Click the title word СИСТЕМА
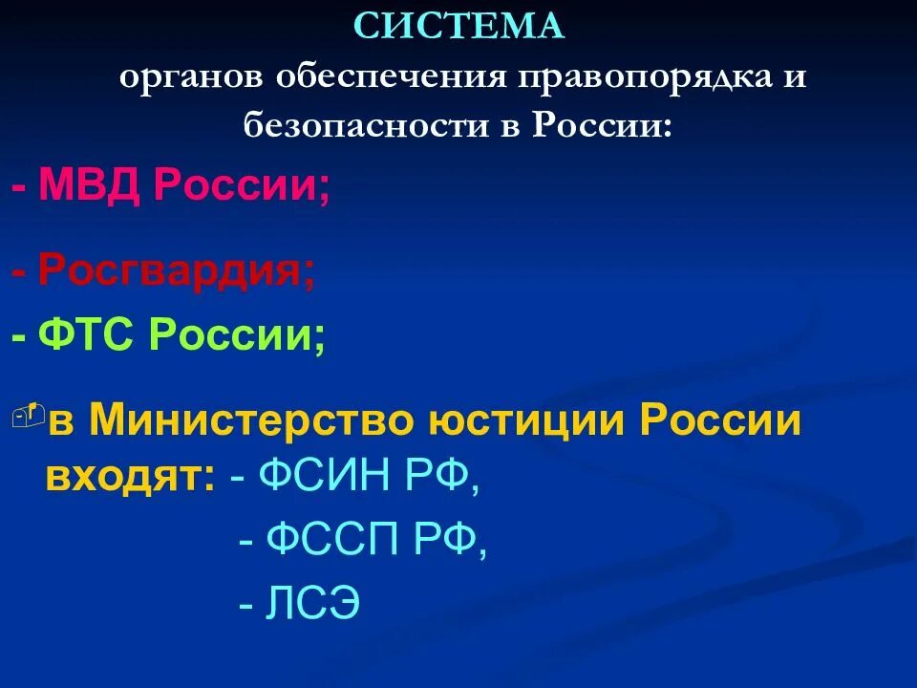(459, 26)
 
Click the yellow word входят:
(130, 475)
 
